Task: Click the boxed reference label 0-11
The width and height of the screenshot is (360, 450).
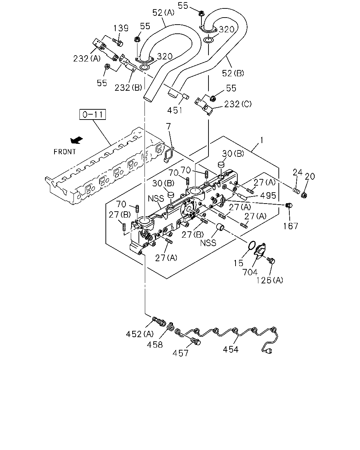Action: point(92,114)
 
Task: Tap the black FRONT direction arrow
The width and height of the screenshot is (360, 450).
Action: point(77,140)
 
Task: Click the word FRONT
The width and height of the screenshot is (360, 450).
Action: point(65,152)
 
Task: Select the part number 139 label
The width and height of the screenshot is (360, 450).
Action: point(121,28)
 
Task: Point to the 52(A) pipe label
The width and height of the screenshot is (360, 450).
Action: point(163,13)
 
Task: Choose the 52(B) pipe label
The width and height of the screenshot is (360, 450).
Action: point(233,73)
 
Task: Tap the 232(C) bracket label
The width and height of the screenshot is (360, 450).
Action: point(238,104)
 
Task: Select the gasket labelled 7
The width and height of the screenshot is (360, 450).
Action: point(169,154)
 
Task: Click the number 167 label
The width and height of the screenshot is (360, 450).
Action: point(290,226)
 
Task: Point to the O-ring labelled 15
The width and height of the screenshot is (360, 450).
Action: point(252,245)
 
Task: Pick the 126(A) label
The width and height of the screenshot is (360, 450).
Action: point(270,280)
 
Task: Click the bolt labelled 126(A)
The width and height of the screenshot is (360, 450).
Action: point(271,261)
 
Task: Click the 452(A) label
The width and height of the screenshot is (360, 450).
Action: point(140,334)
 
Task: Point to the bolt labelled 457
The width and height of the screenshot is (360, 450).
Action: point(195,342)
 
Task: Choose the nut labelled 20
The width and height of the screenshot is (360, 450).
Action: point(304,195)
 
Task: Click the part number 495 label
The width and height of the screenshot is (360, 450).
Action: point(268,195)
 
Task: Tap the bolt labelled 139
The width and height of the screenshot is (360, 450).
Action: point(118,42)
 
